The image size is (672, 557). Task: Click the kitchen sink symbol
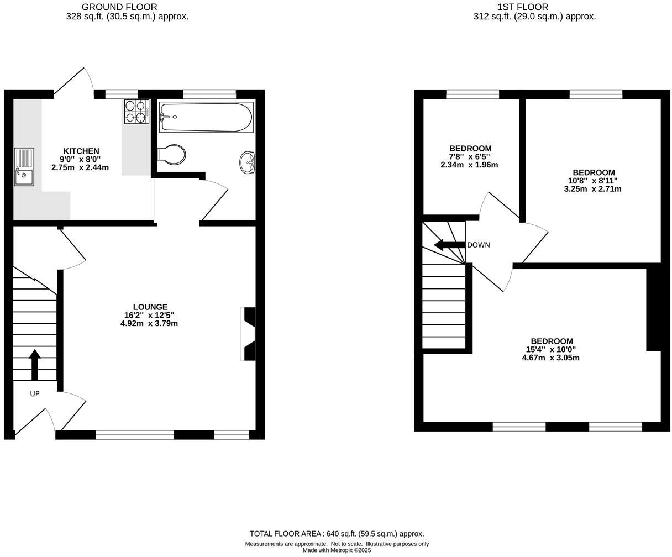24,166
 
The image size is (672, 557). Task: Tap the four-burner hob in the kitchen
136,111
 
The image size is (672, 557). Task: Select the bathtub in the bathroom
206,117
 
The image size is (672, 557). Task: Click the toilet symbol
171,155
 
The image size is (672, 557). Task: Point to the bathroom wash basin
248,162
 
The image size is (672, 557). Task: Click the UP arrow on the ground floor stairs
35,365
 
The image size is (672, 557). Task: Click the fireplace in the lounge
249,334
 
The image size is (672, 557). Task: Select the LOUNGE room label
150,307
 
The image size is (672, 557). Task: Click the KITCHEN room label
81,151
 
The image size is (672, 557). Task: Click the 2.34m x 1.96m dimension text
469,165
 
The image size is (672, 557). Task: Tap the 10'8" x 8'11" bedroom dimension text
592,181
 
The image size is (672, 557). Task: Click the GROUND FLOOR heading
119,7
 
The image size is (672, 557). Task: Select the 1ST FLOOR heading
522,7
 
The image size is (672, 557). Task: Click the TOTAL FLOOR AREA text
337,534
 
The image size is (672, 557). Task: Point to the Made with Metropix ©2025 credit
337,550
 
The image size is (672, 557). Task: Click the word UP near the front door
35,394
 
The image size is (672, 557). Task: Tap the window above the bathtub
209,94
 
